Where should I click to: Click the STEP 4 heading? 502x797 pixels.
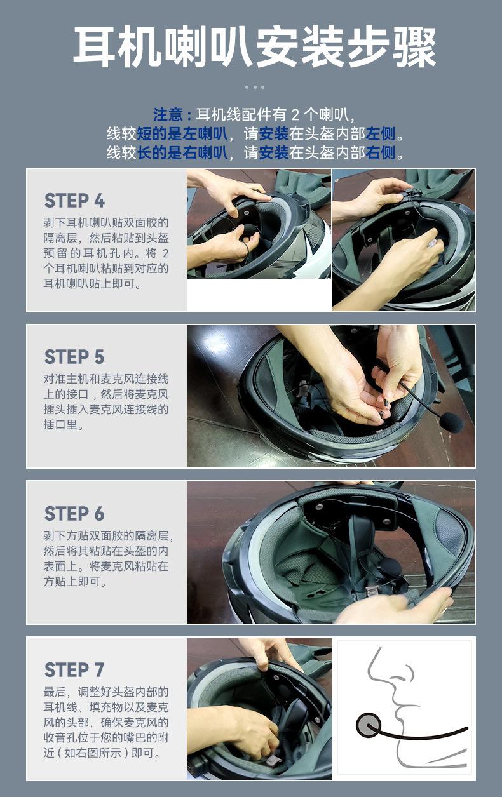[x=74, y=200]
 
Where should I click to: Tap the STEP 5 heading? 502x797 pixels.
[x=74, y=357]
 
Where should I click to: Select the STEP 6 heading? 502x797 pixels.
[x=74, y=513]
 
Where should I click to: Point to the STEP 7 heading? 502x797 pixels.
[x=74, y=670]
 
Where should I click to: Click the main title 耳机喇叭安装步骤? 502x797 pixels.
[x=254, y=48]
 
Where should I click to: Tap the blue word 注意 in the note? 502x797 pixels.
[x=168, y=115]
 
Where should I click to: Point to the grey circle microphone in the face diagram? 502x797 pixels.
[x=368, y=726]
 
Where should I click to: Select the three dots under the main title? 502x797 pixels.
[x=254, y=87]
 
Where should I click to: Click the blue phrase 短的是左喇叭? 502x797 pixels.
[x=182, y=134]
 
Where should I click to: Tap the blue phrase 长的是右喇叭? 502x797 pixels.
[x=182, y=153]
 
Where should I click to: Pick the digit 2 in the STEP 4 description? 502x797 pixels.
[x=165, y=253]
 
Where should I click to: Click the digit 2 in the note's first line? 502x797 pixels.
[x=295, y=115]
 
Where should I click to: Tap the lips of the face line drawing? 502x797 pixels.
[x=400, y=712]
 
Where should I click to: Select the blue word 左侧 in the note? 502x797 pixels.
[x=381, y=134]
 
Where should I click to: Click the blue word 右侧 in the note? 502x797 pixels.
[x=381, y=153]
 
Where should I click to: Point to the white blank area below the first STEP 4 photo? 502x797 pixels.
[x=259, y=295]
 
